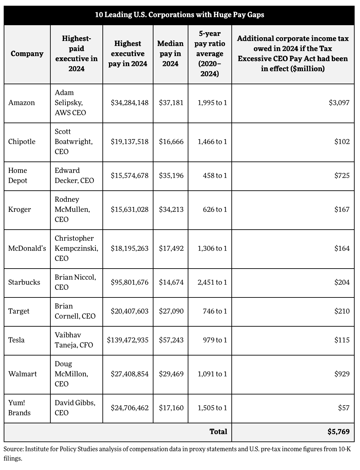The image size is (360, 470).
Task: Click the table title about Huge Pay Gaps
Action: [x=180, y=15]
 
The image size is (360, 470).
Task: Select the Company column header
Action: [x=27, y=54]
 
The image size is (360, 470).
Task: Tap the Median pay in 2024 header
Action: [x=171, y=54]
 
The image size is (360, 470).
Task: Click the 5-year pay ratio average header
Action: [x=210, y=54]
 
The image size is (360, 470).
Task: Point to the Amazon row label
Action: [x=21, y=102]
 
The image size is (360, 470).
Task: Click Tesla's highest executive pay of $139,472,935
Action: [x=128, y=340]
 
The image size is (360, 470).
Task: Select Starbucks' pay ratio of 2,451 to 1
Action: [x=212, y=282]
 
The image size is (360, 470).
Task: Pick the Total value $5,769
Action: [x=339, y=431]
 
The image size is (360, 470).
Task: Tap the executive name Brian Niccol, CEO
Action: [x=75, y=282]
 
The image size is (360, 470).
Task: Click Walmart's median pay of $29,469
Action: [x=171, y=374]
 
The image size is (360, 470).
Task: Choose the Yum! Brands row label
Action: [x=19, y=408]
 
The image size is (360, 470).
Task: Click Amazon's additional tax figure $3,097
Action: [x=339, y=102]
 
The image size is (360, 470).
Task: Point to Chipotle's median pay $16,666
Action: [x=171, y=141]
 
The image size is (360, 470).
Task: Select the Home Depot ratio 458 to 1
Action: [x=215, y=176]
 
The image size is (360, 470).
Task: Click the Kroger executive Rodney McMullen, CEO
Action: [x=72, y=209]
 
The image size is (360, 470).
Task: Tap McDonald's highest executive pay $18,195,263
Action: [x=130, y=248]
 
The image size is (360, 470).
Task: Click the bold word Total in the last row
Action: [x=218, y=431]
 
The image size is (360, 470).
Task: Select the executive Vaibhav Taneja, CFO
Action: [x=74, y=340]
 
